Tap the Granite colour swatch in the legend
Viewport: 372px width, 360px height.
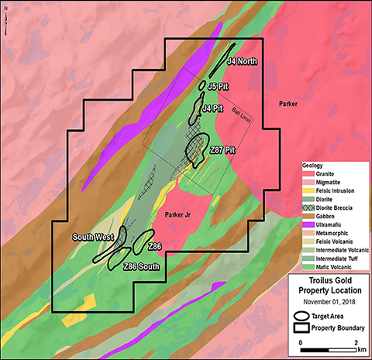pyautogui.click(x=308, y=175)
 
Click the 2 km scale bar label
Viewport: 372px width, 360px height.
pyautogui.click(x=356, y=341)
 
